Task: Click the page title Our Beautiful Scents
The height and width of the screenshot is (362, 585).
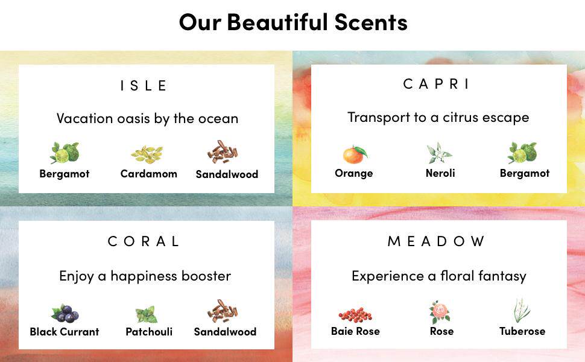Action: pyautogui.click(x=293, y=22)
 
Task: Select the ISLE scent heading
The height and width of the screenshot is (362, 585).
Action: pyautogui.click(x=144, y=86)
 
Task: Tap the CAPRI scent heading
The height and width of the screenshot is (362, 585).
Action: pyautogui.click(x=436, y=84)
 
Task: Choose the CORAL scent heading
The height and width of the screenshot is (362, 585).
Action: pyautogui.click(x=144, y=241)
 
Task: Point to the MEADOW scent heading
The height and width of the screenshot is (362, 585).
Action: pyautogui.click(x=436, y=241)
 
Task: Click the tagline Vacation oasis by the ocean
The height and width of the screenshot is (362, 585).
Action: pyautogui.click(x=147, y=119)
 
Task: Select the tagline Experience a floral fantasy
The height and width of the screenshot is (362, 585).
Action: pyautogui.click(x=439, y=276)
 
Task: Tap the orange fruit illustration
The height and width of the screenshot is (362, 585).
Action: pyautogui.click(x=355, y=154)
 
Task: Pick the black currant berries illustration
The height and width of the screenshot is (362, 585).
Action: pyautogui.click(x=65, y=314)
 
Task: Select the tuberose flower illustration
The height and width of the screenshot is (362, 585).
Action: pyautogui.click(x=522, y=311)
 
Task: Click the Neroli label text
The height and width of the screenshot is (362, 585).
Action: pyautogui.click(x=440, y=173)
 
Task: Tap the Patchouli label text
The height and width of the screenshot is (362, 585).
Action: pyautogui.click(x=149, y=332)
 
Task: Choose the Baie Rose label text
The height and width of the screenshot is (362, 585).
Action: pyautogui.click(x=355, y=331)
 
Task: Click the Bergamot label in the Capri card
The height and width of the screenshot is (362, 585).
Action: pyautogui.click(x=525, y=174)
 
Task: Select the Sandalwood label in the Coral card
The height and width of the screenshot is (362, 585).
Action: pyautogui.click(x=225, y=332)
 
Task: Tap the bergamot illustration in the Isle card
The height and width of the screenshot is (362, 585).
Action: pyautogui.click(x=65, y=153)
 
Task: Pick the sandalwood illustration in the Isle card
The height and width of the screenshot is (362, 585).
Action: pyautogui.click(x=223, y=152)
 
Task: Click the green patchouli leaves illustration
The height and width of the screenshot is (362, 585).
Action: pyautogui.click(x=146, y=314)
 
